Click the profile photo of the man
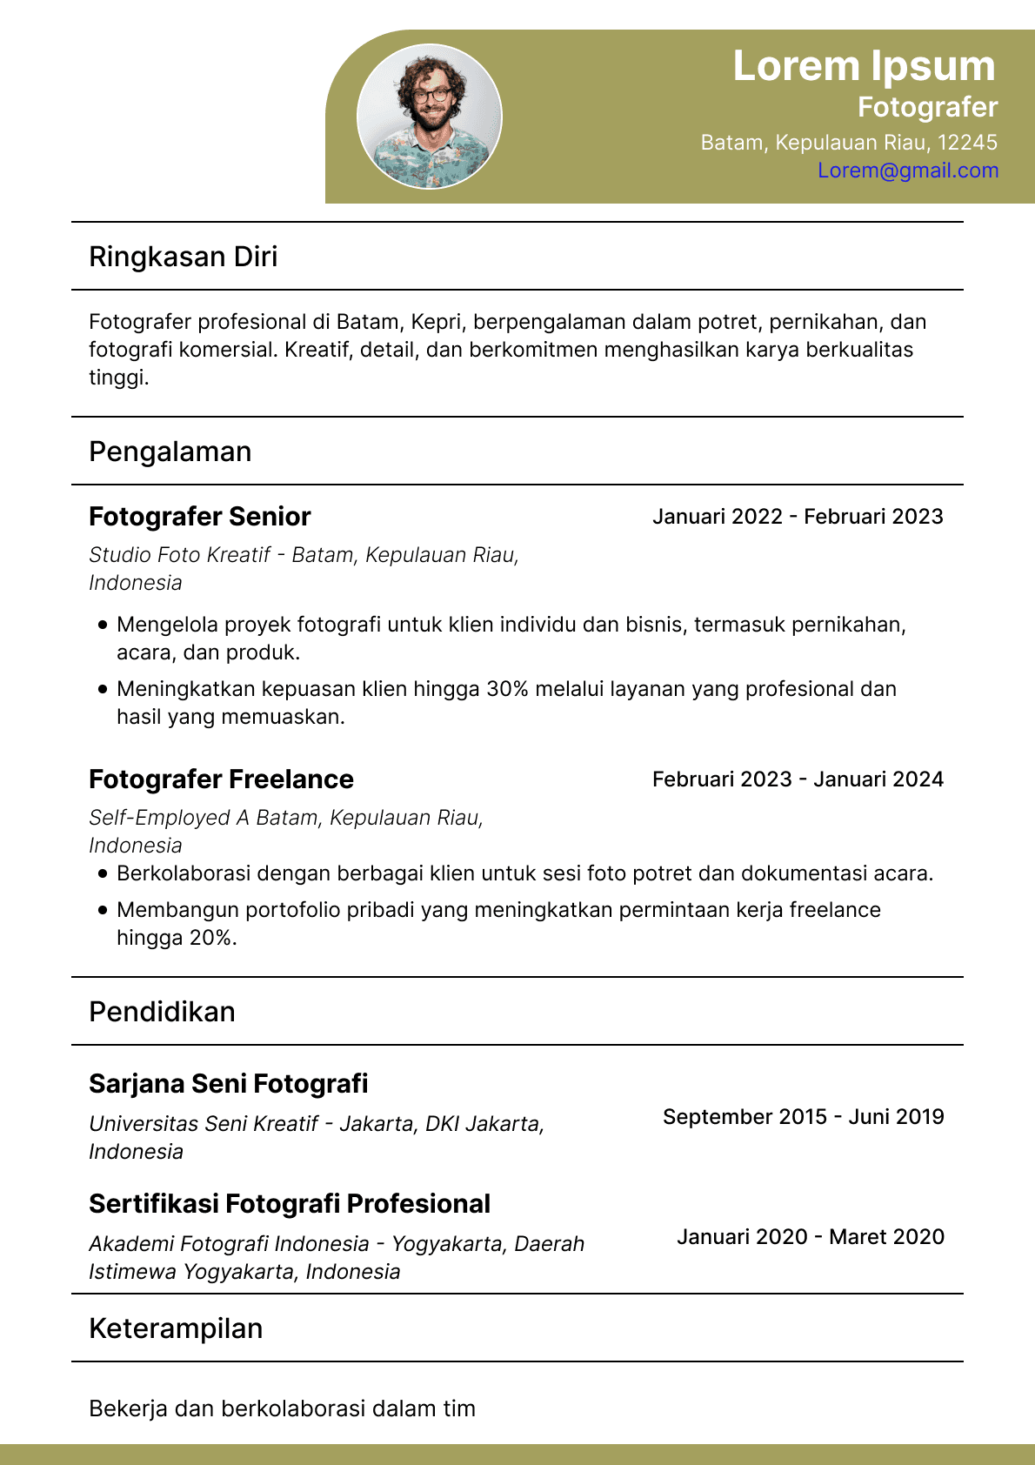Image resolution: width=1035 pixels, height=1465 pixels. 430,117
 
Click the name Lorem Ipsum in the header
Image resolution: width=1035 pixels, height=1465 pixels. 864,66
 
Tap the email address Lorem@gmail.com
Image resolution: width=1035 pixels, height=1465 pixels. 908,171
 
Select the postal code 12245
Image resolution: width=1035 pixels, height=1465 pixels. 967,143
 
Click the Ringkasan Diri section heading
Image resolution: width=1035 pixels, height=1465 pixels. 184,257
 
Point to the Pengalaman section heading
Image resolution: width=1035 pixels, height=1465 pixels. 170,452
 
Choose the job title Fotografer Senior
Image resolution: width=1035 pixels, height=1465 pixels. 200,517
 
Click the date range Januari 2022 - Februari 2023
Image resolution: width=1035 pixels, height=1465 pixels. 798,517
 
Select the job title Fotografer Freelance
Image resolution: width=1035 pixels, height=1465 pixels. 221,779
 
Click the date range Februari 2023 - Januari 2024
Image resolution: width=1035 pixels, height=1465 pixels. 798,779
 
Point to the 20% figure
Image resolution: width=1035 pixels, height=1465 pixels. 212,938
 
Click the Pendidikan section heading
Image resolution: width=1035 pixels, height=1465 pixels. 162,1012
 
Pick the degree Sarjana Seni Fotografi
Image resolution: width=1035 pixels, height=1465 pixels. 229,1084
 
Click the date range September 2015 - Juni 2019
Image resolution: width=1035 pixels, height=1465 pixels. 803,1117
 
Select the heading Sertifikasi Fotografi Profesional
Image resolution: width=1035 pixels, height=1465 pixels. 290,1204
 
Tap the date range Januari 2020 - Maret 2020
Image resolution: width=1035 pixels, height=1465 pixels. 811,1237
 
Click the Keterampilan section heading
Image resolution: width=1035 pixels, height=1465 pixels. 176,1328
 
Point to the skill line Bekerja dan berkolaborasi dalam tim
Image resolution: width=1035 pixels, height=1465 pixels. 283,1408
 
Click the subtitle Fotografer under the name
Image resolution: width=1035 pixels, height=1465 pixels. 927,107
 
